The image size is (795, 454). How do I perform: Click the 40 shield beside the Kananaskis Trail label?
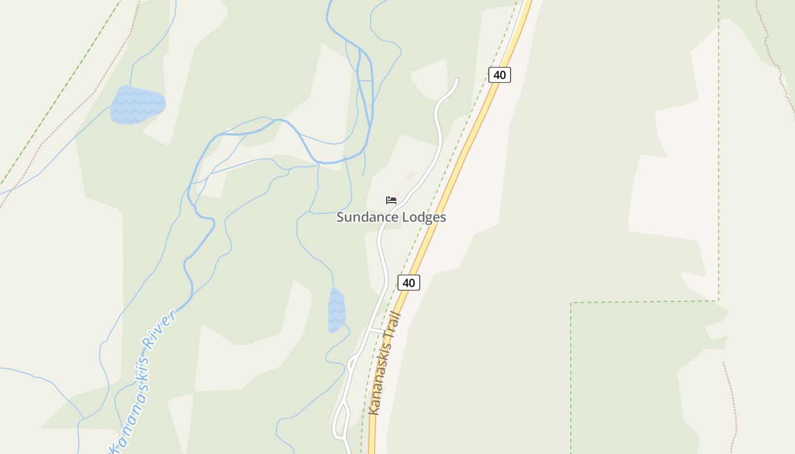click(409, 282)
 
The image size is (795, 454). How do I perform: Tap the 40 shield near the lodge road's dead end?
click(500, 74)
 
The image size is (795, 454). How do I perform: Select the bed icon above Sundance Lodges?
click(391, 200)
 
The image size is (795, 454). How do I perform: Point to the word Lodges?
click(424, 217)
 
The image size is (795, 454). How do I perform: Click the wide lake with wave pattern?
click(137, 104)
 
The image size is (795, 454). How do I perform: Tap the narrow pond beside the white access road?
click(336, 310)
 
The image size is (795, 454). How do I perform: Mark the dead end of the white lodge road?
click(457, 80)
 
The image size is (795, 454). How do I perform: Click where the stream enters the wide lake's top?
click(131, 86)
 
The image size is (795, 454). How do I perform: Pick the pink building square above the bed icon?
click(410, 176)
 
